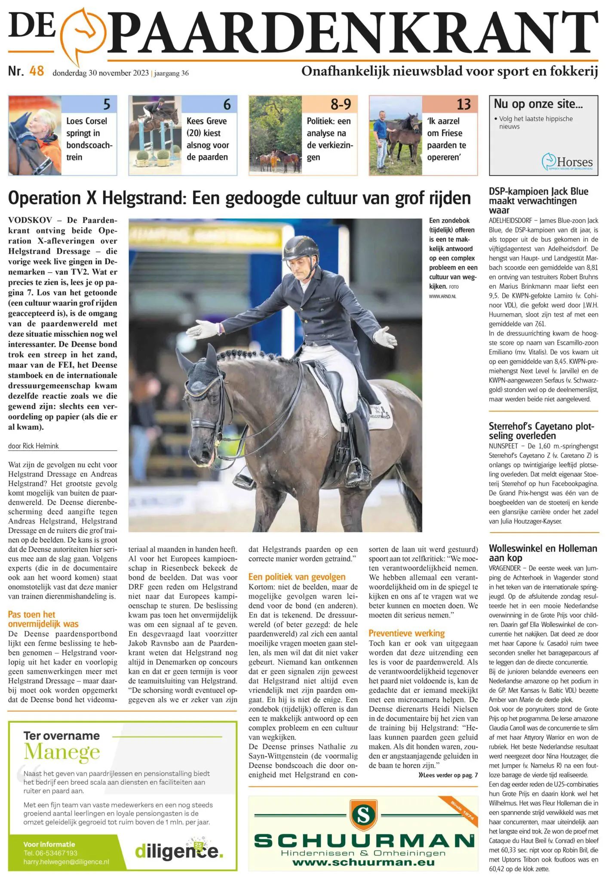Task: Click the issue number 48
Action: [x=37, y=71]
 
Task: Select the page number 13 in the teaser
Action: [x=464, y=104]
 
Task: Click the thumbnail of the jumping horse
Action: [x=155, y=135]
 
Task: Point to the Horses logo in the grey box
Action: [x=567, y=162]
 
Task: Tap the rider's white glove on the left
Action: [x=203, y=330]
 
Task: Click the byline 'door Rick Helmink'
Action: [x=34, y=446]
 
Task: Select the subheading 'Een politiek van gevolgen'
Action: [x=297, y=577]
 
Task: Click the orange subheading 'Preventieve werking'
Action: [x=406, y=633]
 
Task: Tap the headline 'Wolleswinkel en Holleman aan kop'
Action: [x=543, y=553]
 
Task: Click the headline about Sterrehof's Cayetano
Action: [x=541, y=431]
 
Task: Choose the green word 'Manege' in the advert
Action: [x=62, y=752]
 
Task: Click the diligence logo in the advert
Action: [x=179, y=850]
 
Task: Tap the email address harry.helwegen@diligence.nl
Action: [x=66, y=862]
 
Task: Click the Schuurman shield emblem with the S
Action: [x=363, y=814]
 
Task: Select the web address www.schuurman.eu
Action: [x=363, y=862]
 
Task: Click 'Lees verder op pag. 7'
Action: [x=448, y=775]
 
